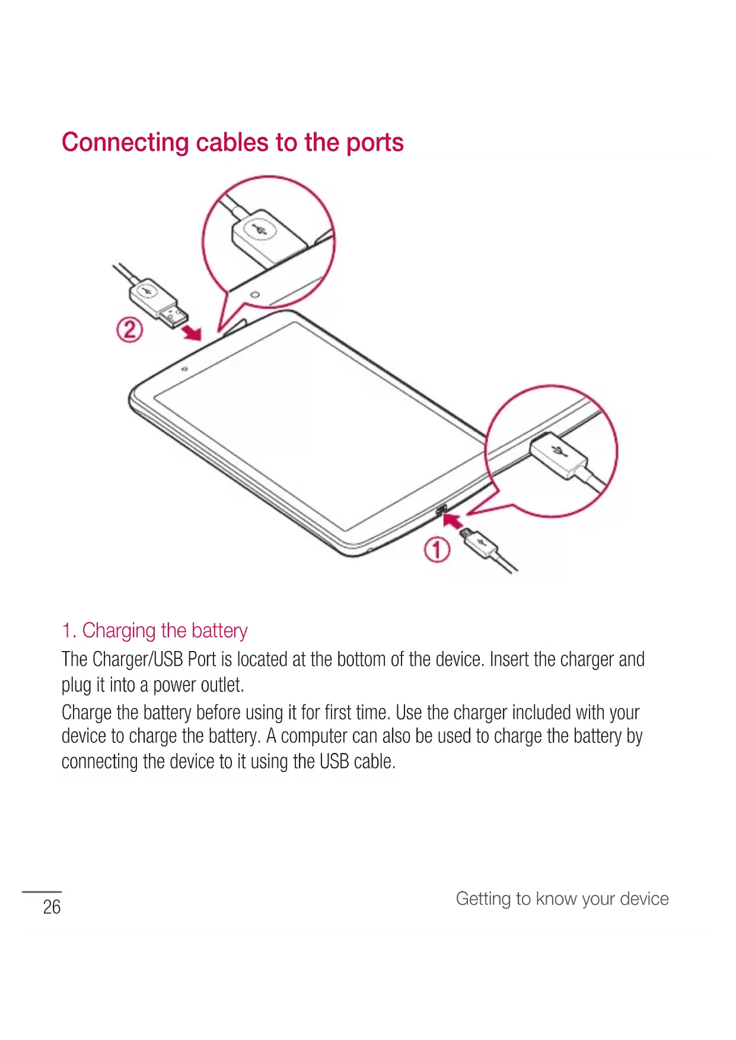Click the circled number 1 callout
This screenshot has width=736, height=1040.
coord(436,550)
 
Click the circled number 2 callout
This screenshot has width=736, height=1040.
coord(129,330)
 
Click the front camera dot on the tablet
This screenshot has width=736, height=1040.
coord(184,369)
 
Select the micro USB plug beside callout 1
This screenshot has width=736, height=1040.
coord(478,542)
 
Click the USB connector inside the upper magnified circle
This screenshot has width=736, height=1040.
coord(267,237)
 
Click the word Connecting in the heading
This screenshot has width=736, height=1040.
coord(125,143)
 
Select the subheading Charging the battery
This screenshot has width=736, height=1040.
coord(155,631)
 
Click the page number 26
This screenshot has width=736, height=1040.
coord(52,907)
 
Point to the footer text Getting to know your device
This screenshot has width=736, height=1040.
coord(562,899)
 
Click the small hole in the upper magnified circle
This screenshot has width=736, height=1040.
coord(255,295)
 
